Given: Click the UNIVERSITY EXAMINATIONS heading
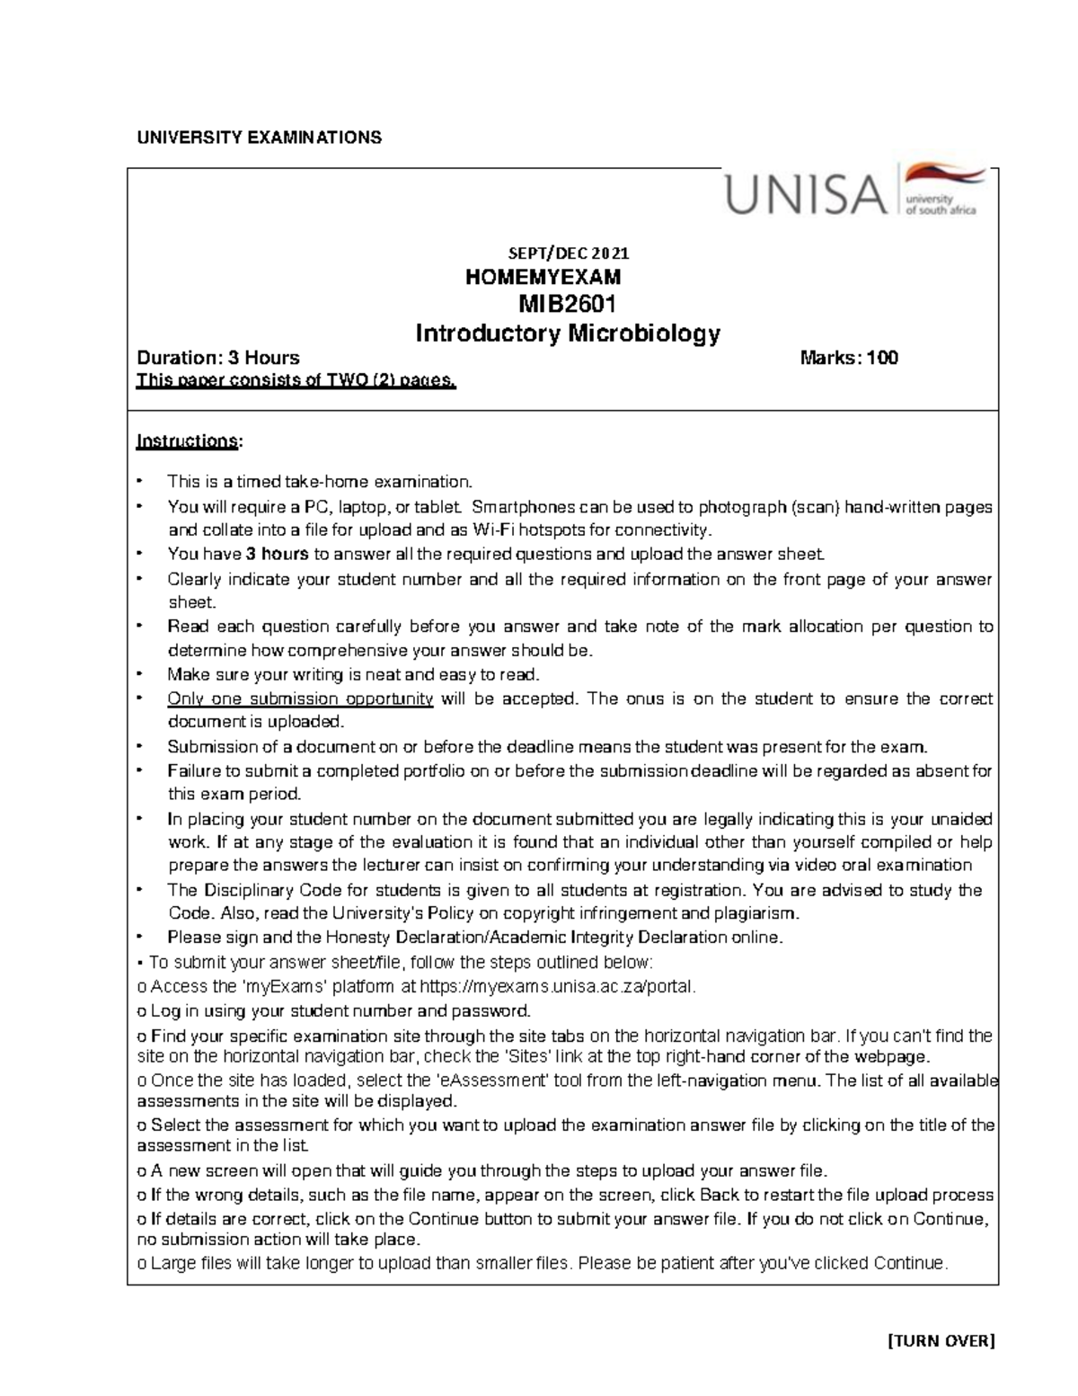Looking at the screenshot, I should pos(259,138).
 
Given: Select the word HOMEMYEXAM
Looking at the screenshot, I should pos(543,278).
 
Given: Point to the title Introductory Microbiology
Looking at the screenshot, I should pos(567,333).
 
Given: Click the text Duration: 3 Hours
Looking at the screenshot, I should pos(217,359).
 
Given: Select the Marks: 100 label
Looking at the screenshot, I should pos(848,359).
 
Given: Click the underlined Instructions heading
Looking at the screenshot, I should pos(188,441).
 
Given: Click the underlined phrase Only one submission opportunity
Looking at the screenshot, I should pos(300,698).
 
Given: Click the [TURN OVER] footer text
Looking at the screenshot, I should pos(941,1342).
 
